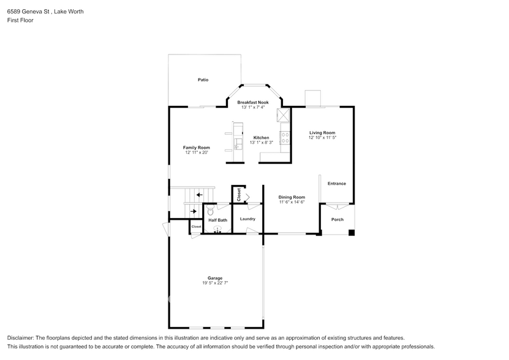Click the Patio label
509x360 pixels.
[203, 80]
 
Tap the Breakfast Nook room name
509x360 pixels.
[253, 102]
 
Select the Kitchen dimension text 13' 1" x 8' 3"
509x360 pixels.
[262, 142]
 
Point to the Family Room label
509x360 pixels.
[197, 148]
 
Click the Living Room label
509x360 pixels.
[322, 132]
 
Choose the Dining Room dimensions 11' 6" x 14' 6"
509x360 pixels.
[292, 202]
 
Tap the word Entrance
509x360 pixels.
[337, 184]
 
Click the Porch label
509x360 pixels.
[337, 219]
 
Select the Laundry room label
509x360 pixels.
[247, 219]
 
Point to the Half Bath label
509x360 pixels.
[218, 220]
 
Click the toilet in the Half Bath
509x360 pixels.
[210, 210]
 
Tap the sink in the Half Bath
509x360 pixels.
[217, 230]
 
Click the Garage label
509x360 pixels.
[215, 278]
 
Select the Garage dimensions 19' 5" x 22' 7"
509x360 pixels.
[215, 283]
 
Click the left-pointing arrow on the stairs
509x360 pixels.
[199, 195]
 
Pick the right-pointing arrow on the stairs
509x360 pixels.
[194, 211]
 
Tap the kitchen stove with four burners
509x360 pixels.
[285, 138]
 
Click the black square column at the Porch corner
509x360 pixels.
[352, 233]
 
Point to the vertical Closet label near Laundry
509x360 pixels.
[239, 195]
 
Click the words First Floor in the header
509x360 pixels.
[20, 20]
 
